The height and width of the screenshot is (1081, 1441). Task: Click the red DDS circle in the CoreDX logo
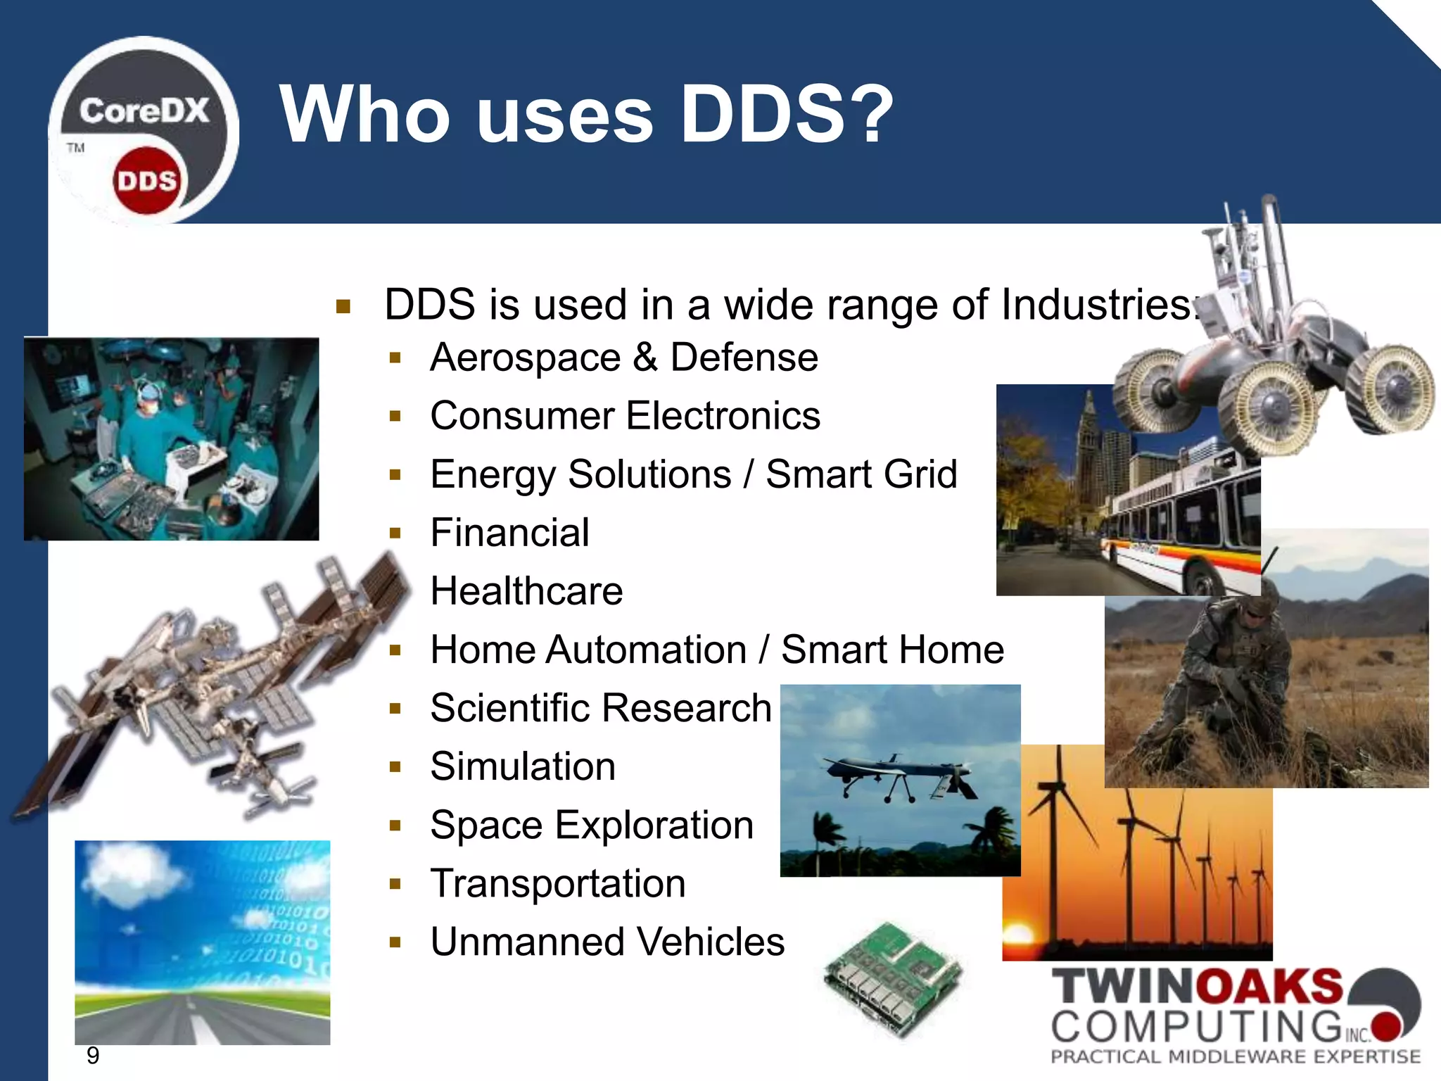point(146,181)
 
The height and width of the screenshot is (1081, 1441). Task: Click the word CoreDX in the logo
point(144,111)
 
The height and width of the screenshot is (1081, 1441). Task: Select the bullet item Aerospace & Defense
point(624,358)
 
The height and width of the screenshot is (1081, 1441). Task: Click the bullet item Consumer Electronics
point(625,416)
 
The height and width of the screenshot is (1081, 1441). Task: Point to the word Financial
point(509,533)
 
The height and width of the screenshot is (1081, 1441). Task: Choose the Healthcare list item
point(526,591)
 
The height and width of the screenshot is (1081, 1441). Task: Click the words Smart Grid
point(861,474)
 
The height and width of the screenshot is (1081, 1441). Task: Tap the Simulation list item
point(523,766)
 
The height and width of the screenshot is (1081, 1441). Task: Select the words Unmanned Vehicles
point(607,942)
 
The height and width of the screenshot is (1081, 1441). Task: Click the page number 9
point(93,1056)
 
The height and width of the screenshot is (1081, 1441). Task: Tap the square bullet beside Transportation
point(395,884)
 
